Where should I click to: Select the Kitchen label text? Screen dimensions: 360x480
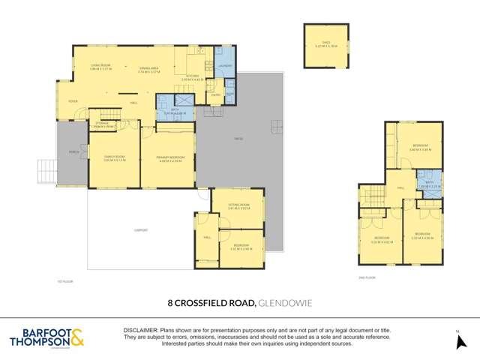point(193,76)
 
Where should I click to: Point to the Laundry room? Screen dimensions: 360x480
point(224,64)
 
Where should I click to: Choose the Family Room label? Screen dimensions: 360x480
point(114,157)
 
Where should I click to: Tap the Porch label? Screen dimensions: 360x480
point(73,152)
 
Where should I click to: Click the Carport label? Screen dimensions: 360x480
point(139,230)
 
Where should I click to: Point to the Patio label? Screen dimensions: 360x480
point(238,139)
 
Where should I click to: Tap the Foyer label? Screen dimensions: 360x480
point(73,101)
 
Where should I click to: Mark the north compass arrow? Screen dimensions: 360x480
point(458,341)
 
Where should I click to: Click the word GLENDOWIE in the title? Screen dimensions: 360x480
point(286,304)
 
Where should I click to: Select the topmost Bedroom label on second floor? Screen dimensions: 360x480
point(420,148)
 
